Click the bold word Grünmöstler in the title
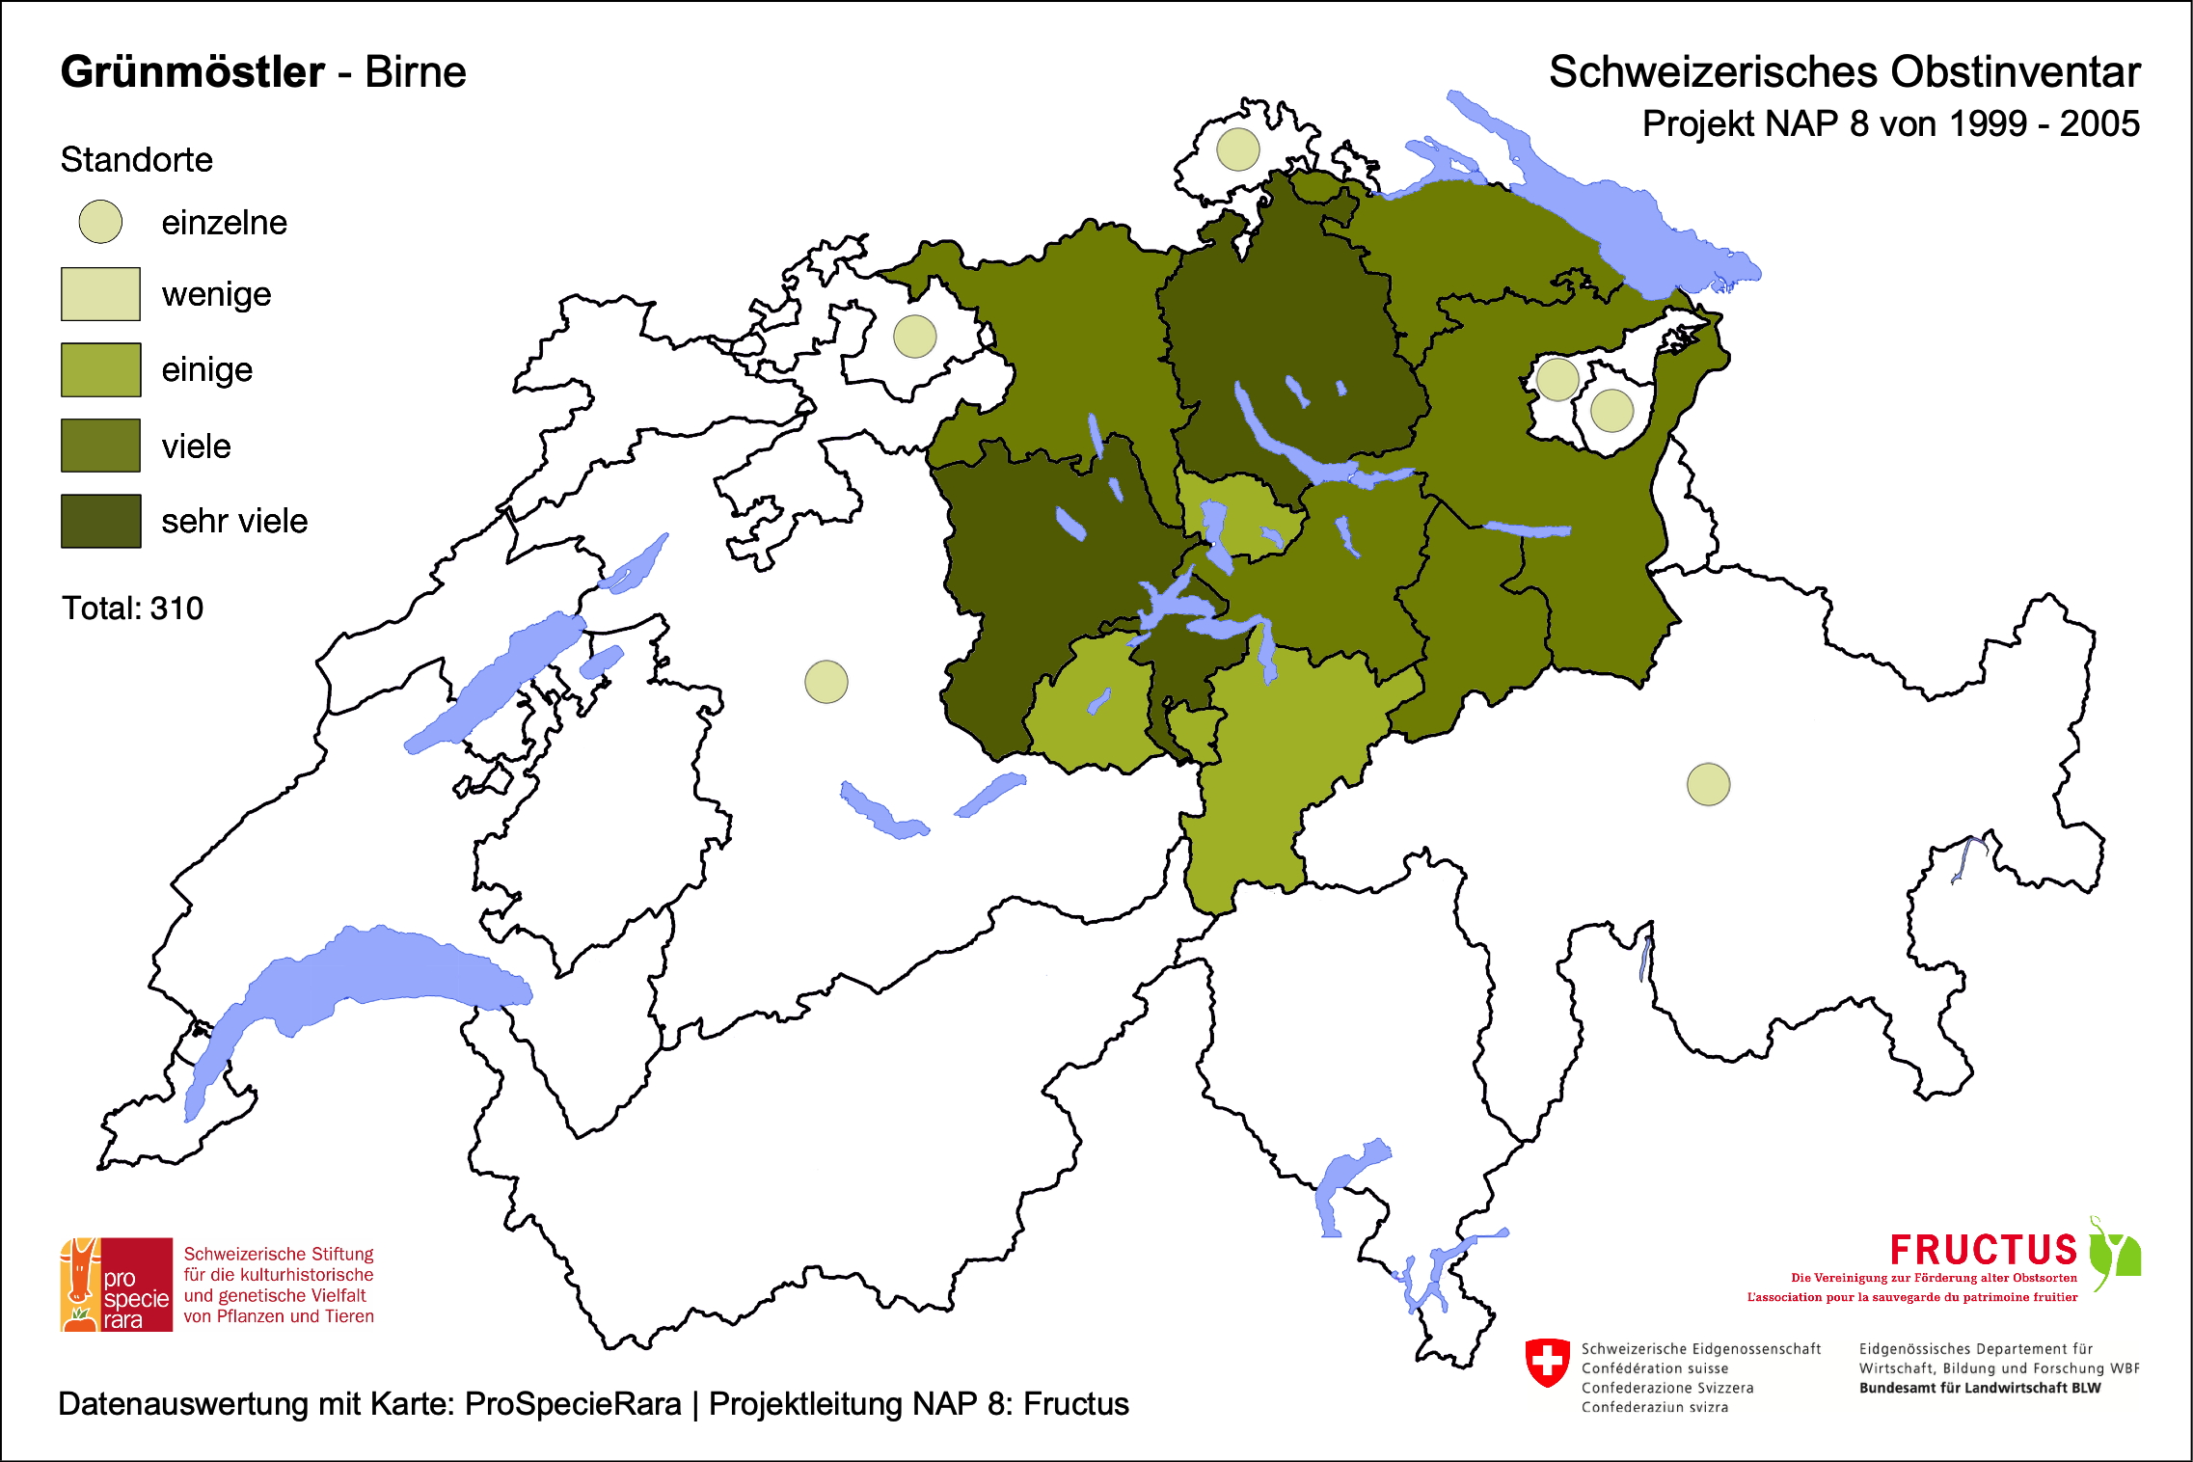pos(193,72)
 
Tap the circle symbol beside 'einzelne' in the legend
pos(100,222)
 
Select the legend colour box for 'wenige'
pos(100,294)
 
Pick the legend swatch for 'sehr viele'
pos(100,521)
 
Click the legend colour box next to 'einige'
pos(100,369)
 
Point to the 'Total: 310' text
pos(132,609)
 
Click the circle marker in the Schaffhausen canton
pos(1237,149)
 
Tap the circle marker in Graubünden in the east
pos(1708,784)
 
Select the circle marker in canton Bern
pos(826,682)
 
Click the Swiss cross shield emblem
pos(1547,1362)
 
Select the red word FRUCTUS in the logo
pos(1983,1250)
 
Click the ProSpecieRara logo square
pos(117,1285)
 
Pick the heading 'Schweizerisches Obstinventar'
pos(1844,72)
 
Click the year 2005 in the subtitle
pos(2099,124)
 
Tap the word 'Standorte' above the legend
pos(136,160)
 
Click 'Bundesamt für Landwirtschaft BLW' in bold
pos(1979,1388)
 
